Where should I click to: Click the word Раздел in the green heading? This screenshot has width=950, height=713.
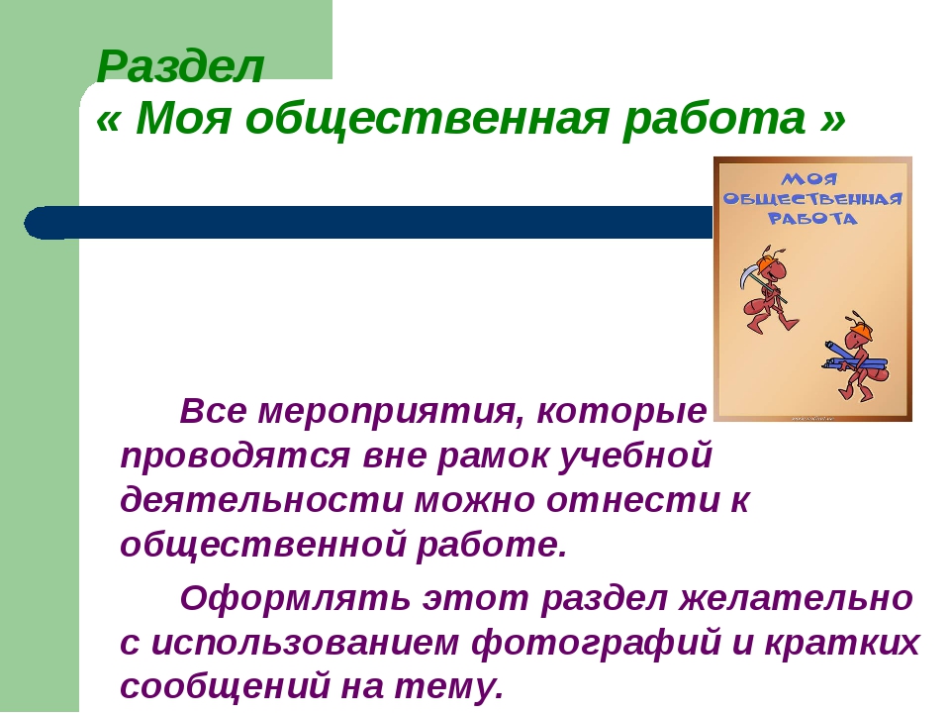point(180,65)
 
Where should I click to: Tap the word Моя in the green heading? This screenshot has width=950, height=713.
point(183,117)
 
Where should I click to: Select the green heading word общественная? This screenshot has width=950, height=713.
point(427,118)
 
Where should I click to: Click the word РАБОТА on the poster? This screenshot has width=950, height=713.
point(812,218)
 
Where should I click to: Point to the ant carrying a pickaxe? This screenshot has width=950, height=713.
point(768,290)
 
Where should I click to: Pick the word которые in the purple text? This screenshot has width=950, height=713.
point(621,413)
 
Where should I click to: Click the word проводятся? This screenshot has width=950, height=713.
point(236,458)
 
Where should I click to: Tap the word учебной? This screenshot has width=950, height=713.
point(634,458)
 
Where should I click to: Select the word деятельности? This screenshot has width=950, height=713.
point(261,501)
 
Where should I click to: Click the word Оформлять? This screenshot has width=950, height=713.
point(295,599)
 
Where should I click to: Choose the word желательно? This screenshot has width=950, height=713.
point(795,599)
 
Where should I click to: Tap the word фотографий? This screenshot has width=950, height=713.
point(596,643)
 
